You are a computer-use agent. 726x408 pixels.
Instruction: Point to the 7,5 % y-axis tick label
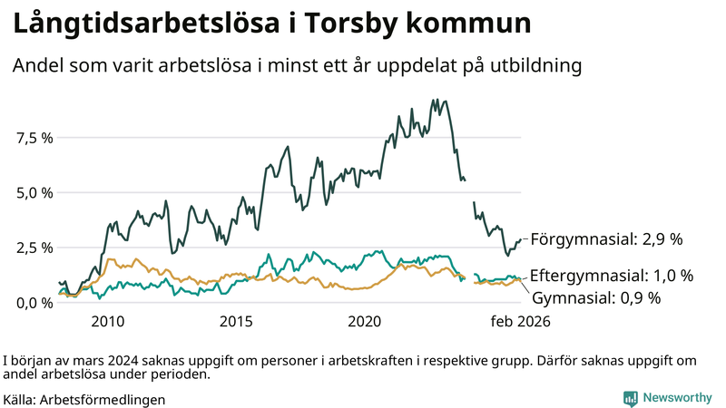(x=34, y=138)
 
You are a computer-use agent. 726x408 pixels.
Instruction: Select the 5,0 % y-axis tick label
(x=34, y=192)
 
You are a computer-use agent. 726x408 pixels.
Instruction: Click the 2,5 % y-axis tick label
(x=34, y=248)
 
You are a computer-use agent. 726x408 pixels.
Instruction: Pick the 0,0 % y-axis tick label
(x=34, y=302)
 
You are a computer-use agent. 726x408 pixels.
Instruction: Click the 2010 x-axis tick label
(x=107, y=322)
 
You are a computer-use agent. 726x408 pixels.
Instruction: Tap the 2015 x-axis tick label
(x=236, y=322)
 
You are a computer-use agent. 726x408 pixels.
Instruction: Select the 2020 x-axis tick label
(x=365, y=322)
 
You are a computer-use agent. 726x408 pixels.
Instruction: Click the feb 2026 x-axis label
(x=520, y=322)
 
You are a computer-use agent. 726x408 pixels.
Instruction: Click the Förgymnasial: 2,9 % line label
(x=605, y=240)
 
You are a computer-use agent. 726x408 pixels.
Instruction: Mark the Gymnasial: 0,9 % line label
(x=595, y=297)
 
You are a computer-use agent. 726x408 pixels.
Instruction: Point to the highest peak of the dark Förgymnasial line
(x=437, y=100)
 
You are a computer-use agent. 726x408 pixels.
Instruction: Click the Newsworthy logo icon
(x=630, y=398)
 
